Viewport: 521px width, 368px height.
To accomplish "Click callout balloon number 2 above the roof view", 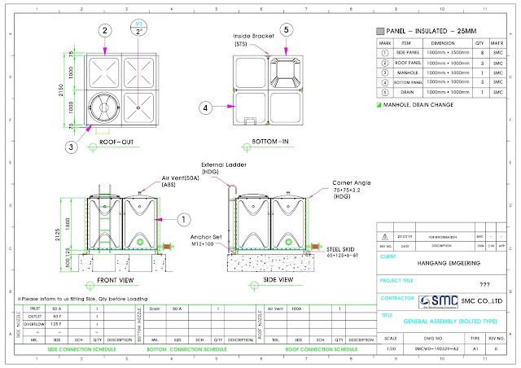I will [x=104, y=30].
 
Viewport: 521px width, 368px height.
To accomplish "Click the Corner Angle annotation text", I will [x=350, y=183].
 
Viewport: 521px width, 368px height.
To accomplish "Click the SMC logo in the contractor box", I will [x=422, y=300].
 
